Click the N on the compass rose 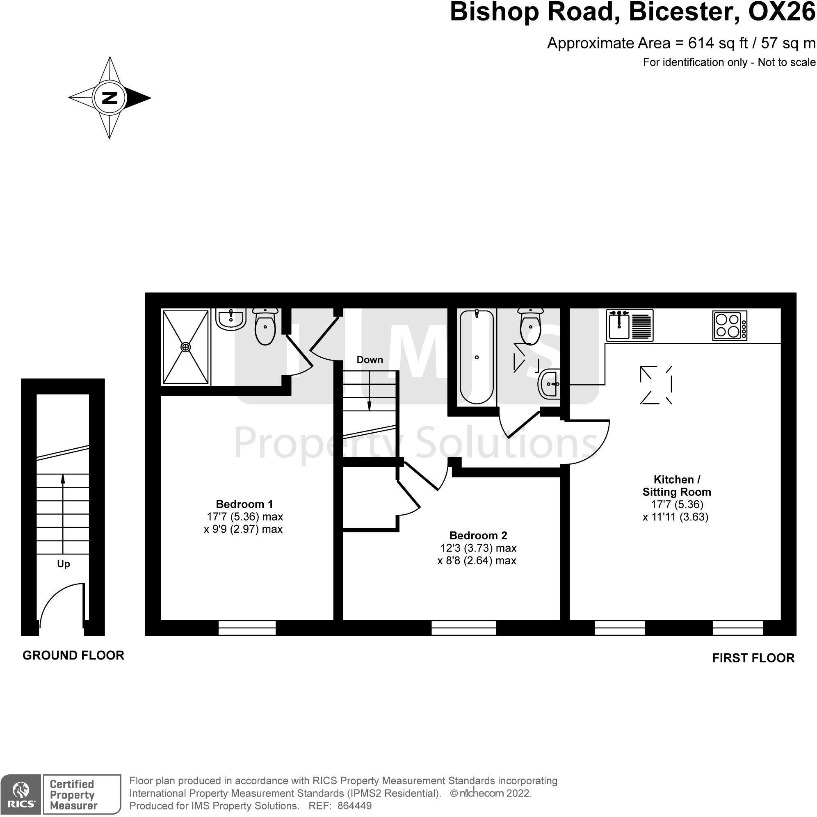click(x=110, y=98)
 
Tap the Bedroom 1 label click(x=244, y=504)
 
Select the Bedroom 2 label click(x=478, y=536)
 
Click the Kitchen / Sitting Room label click(x=677, y=486)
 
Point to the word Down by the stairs click(x=370, y=360)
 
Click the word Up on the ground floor click(x=64, y=564)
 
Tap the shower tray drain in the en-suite click(x=186, y=347)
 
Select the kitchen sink click(x=630, y=325)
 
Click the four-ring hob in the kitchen click(x=730, y=326)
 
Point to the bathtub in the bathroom click(x=477, y=357)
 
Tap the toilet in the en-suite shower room click(x=265, y=326)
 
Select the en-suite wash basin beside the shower click(x=231, y=319)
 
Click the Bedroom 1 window click(x=247, y=628)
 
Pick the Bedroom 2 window click(x=463, y=628)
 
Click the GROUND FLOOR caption click(x=73, y=656)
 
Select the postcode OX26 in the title click(x=781, y=12)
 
